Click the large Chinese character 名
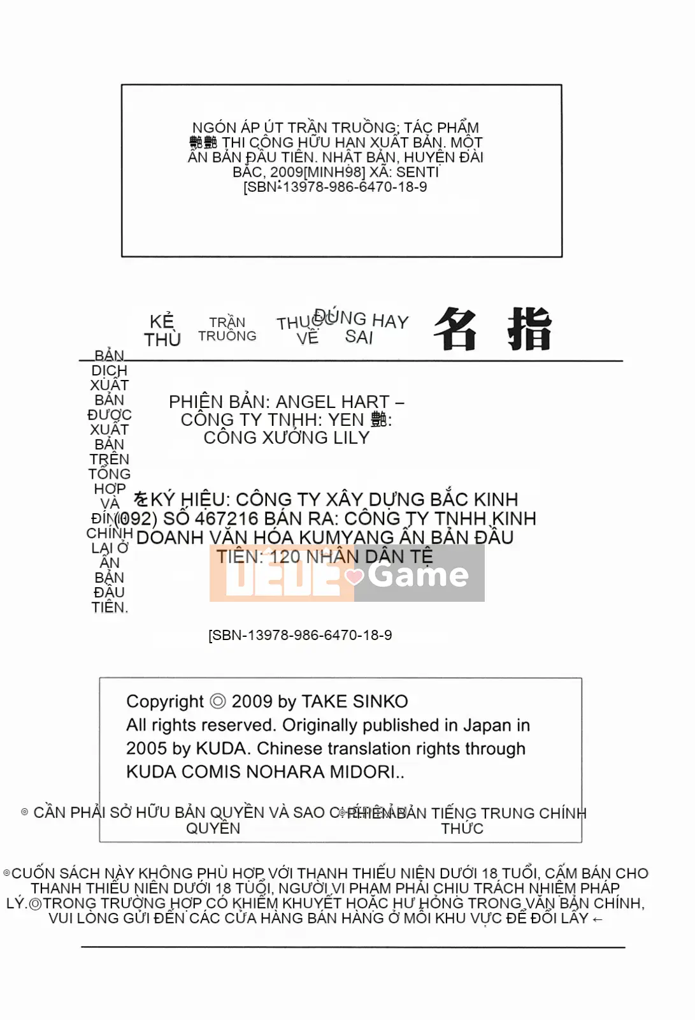tap(455, 330)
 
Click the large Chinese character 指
tap(529, 330)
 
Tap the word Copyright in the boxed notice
tap(164, 702)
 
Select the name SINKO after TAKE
tap(380, 702)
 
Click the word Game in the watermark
tap(418, 574)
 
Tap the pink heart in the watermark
tap(354, 577)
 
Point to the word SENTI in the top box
tap(417, 172)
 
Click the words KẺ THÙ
tap(162, 330)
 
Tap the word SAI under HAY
tap(359, 337)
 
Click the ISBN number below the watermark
tap(300, 636)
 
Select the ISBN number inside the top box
tap(335, 187)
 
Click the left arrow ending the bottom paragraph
tap(597, 919)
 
